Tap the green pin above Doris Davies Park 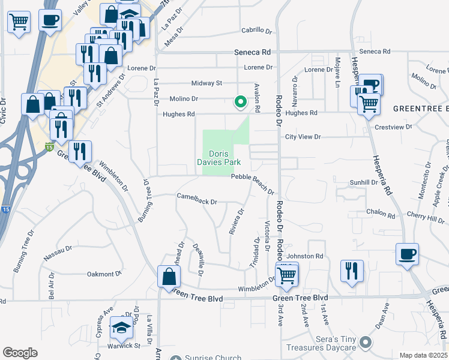pos(241,102)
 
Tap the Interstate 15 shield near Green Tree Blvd pos(49,146)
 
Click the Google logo pos(20,353)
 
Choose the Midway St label pos(206,83)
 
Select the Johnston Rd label pos(310,256)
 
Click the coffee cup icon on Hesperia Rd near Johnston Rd pos(407,253)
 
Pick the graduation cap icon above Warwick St pos(121,328)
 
